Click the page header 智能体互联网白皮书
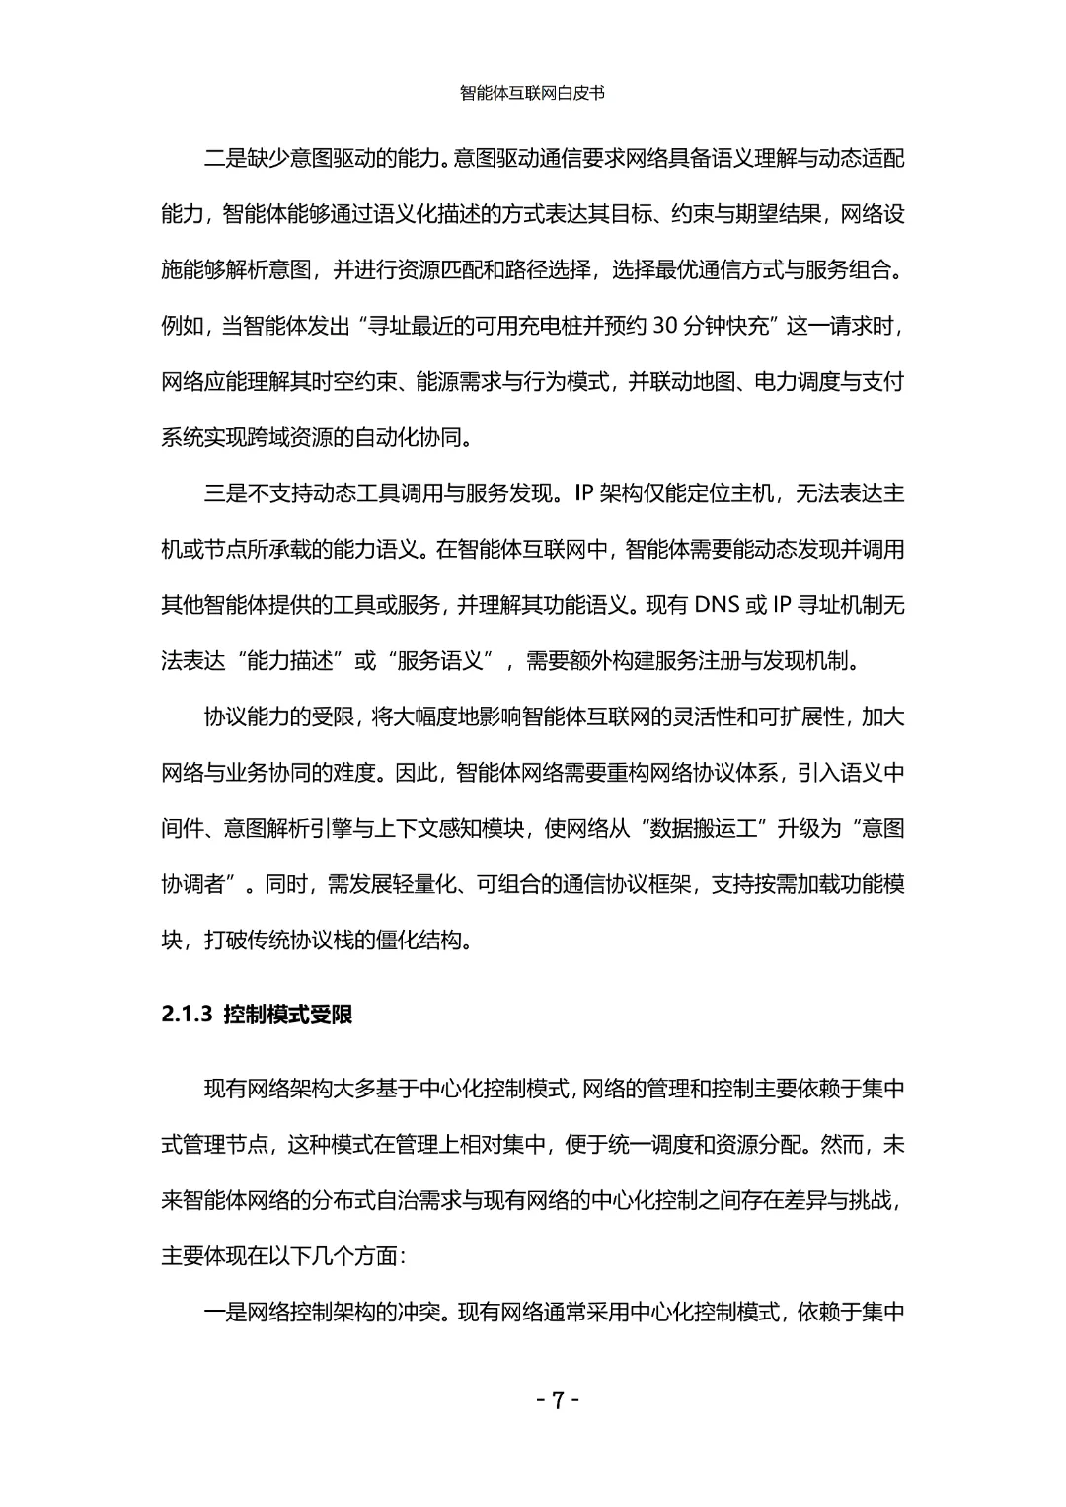pyautogui.click(x=532, y=94)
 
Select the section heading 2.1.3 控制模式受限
pyautogui.click(x=257, y=1015)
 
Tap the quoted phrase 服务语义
pyautogui.click(x=441, y=661)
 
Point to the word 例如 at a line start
pyautogui.click(x=182, y=326)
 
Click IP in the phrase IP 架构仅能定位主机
pyautogui.click(x=582, y=493)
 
